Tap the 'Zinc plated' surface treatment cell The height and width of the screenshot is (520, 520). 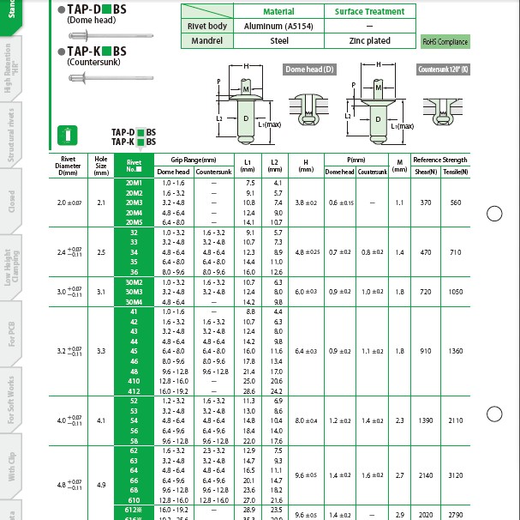[x=370, y=40]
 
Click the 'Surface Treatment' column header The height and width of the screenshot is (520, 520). [x=370, y=11]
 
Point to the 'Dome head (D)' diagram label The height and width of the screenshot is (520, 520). [x=310, y=69]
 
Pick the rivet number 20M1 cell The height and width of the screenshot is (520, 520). [x=134, y=184]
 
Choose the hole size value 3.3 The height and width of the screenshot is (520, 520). [x=101, y=351]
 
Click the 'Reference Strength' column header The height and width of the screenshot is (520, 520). [x=439, y=160]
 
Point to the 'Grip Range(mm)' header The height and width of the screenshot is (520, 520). [x=193, y=160]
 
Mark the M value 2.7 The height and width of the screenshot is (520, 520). [x=399, y=475]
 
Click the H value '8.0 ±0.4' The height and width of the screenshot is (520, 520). [x=306, y=420]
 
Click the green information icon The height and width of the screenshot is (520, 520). [x=71, y=134]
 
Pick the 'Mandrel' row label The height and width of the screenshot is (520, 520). [x=206, y=40]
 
